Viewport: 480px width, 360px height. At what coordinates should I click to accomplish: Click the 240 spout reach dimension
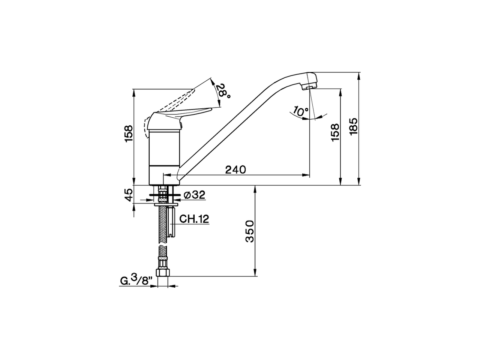235,169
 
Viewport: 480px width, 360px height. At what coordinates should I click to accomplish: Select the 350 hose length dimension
249,231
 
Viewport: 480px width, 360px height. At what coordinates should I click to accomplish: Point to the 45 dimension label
129,195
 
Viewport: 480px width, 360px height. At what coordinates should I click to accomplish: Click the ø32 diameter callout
195,195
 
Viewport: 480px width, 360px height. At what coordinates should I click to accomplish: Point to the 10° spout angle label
301,111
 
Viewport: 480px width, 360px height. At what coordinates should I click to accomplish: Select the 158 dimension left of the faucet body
129,133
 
